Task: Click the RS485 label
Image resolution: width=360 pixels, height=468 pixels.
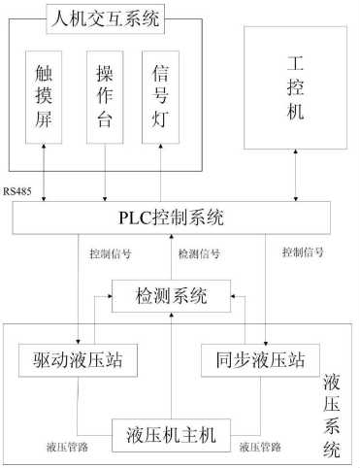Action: [17, 190]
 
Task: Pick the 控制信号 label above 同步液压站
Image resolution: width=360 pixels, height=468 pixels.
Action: [302, 254]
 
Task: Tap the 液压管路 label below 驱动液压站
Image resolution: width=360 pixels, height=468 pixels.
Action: [69, 448]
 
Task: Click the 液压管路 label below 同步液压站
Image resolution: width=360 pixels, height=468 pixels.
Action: [259, 448]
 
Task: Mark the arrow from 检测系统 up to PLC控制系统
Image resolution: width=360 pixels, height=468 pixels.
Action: [172, 258]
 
